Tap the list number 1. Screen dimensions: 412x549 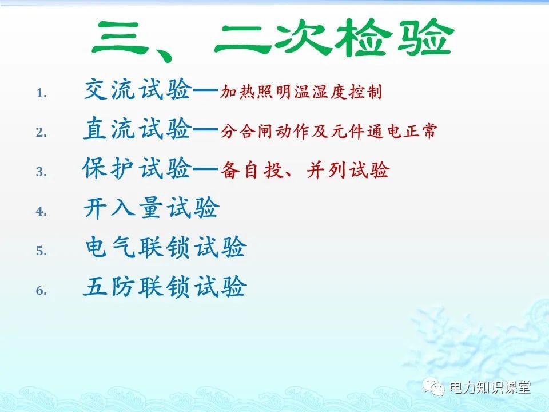click(x=41, y=93)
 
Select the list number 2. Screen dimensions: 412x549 click(x=41, y=132)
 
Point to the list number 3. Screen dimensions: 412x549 click(x=41, y=172)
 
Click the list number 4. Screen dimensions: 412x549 click(x=41, y=211)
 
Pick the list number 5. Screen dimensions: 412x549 click(x=41, y=251)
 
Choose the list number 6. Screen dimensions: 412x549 click(x=41, y=290)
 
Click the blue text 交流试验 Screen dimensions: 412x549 click(x=137, y=90)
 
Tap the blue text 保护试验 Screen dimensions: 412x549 click(x=137, y=169)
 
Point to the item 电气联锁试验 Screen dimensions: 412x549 click(x=165, y=248)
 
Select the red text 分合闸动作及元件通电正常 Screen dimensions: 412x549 click(x=328, y=132)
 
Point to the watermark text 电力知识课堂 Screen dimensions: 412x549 click(x=490, y=388)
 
